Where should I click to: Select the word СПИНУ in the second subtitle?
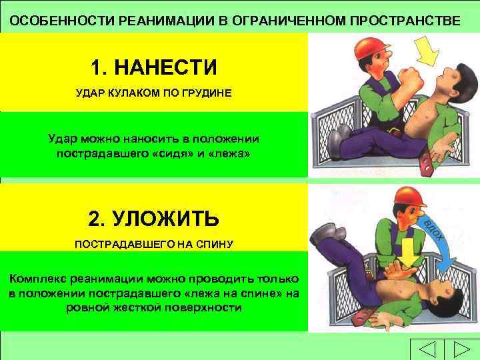point(213,245)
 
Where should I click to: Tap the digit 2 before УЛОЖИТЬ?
point(94,219)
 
